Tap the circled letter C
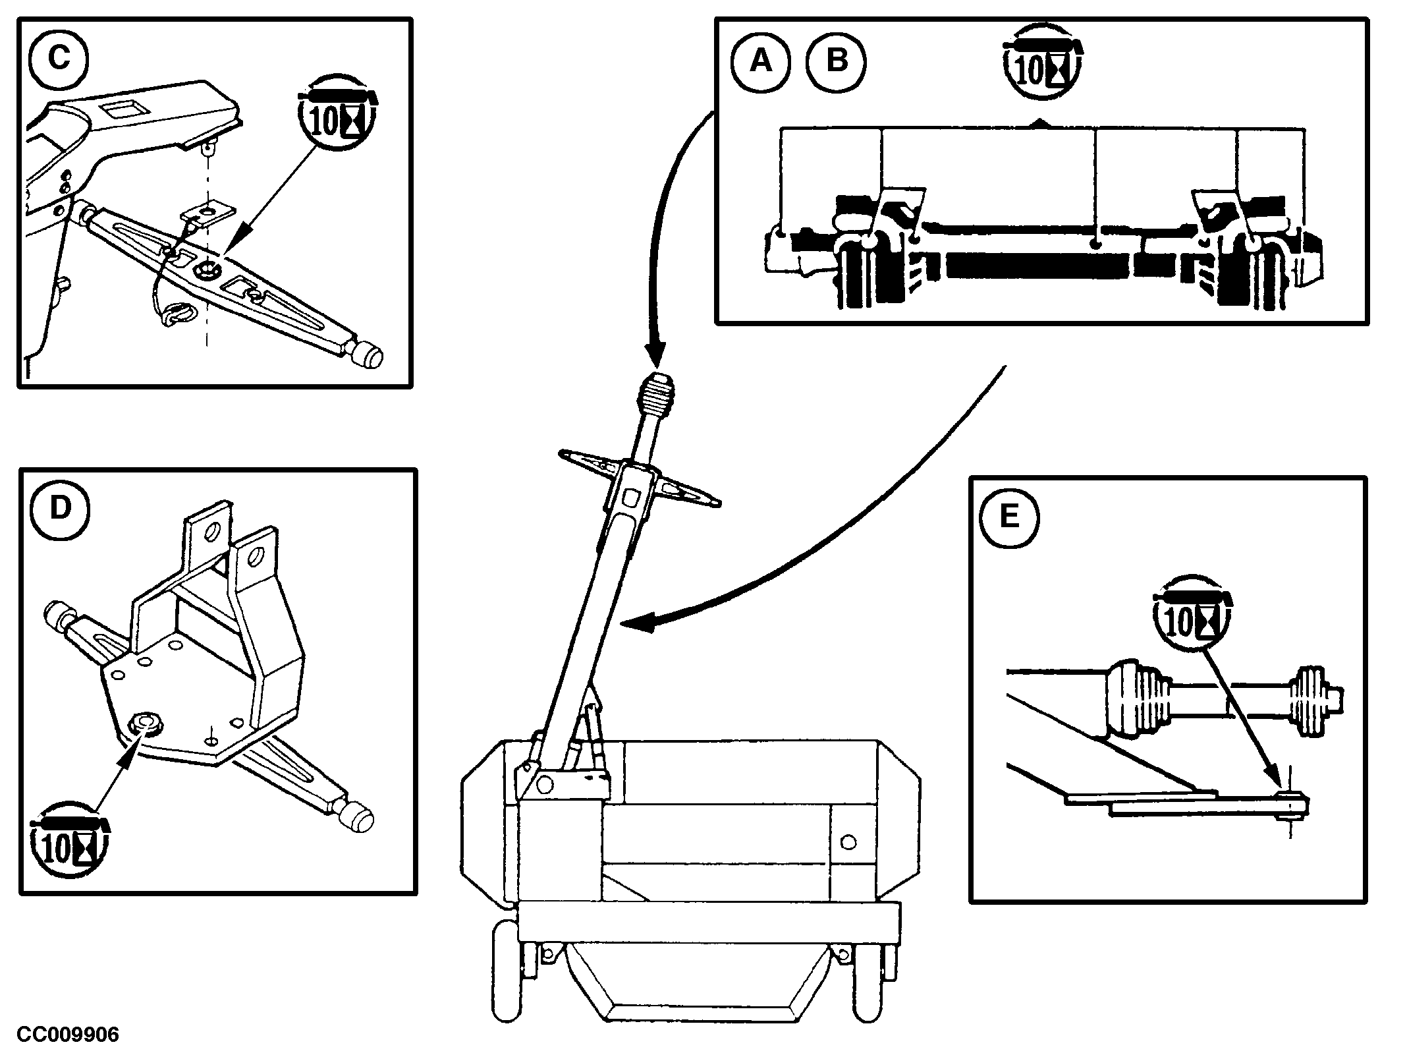click(59, 58)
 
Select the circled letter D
click(60, 509)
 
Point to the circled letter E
click(1009, 517)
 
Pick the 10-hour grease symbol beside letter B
click(1043, 65)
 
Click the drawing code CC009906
click(68, 1035)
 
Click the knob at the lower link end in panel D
click(359, 817)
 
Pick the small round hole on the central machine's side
click(849, 842)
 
